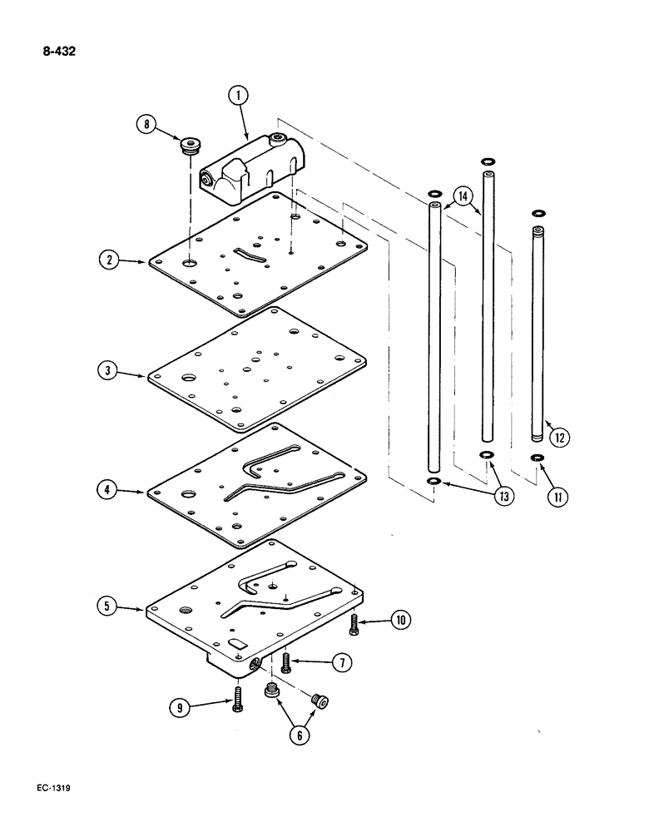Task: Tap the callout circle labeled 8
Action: (x=147, y=126)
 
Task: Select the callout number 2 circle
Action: (x=107, y=260)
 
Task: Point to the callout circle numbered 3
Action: (x=107, y=373)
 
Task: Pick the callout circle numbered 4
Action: (x=107, y=492)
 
